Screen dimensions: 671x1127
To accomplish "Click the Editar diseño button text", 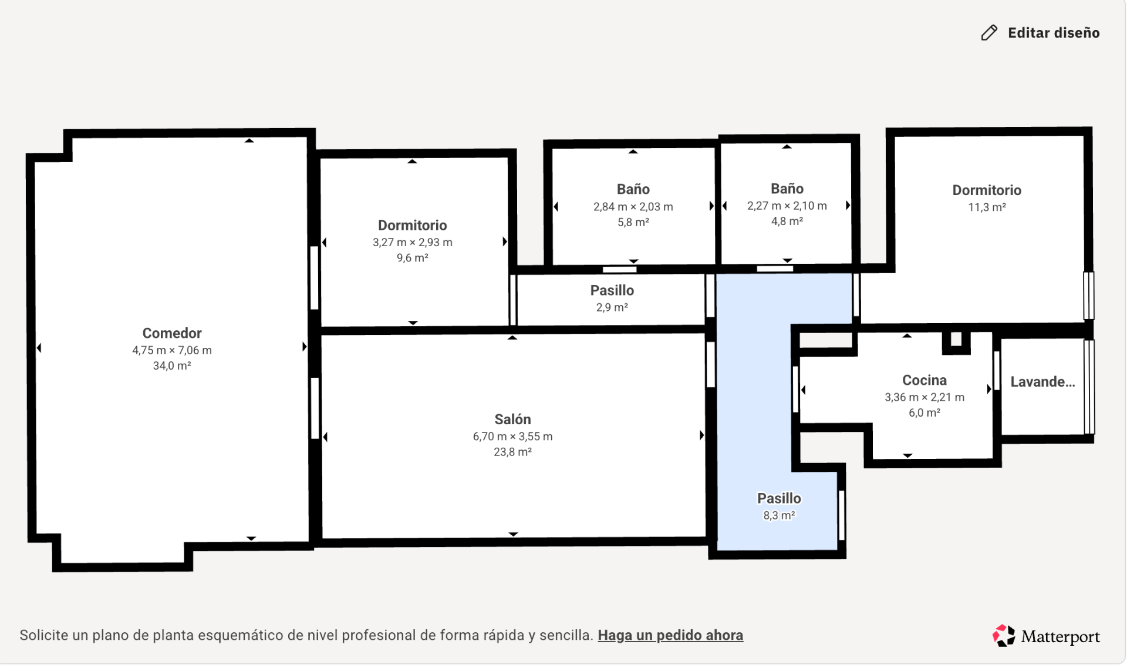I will [x=1053, y=33].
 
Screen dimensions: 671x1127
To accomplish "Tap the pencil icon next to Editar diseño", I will [x=989, y=33].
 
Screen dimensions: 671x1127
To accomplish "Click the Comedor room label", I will [x=172, y=333].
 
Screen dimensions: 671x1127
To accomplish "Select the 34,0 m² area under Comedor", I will [x=172, y=366].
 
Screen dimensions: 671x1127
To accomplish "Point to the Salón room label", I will [x=512, y=420].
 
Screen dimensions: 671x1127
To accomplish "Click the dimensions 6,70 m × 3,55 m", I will [x=512, y=437].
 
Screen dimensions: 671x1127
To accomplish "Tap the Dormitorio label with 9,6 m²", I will [x=412, y=226].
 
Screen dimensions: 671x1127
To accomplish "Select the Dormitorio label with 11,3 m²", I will [x=986, y=190].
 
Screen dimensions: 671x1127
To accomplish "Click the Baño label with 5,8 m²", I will [x=633, y=189].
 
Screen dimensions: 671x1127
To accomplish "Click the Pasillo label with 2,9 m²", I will [x=612, y=290].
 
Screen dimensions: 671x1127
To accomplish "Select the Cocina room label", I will [x=924, y=380].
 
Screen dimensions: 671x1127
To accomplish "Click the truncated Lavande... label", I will [x=1042, y=382].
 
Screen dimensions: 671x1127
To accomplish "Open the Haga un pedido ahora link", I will [x=670, y=635].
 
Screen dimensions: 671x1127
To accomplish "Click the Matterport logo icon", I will [x=1004, y=636].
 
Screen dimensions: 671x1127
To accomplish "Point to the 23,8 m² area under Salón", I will [x=512, y=452].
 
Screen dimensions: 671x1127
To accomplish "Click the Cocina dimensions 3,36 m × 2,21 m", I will [x=924, y=397].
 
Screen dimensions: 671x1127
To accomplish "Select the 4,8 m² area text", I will [x=787, y=222].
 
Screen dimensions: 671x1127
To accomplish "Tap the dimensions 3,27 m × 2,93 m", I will [x=412, y=243].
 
